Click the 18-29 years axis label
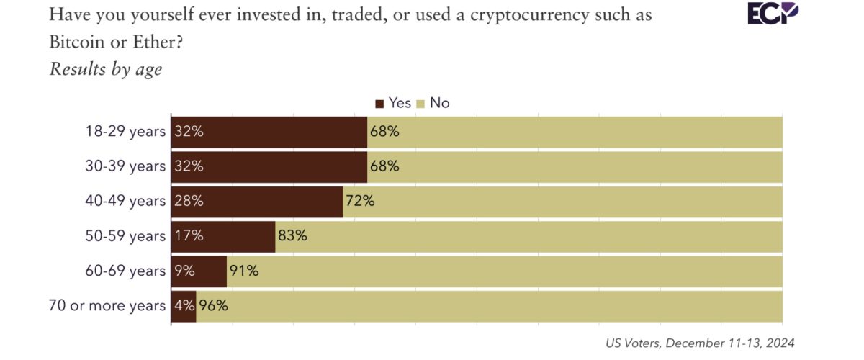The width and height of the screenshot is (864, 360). coord(125,132)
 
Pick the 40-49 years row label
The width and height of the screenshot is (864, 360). coord(125,201)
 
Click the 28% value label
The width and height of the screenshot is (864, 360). coord(189,201)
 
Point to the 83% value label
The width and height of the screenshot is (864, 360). coord(293,236)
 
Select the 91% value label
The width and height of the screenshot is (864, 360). coord(243,271)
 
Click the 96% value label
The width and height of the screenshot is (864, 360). coord(213,305)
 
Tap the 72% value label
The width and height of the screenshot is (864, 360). coord(360,201)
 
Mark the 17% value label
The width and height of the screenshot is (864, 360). coord(189,236)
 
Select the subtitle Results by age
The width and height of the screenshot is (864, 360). coord(106,69)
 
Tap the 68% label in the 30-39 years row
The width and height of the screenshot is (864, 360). coord(384,166)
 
